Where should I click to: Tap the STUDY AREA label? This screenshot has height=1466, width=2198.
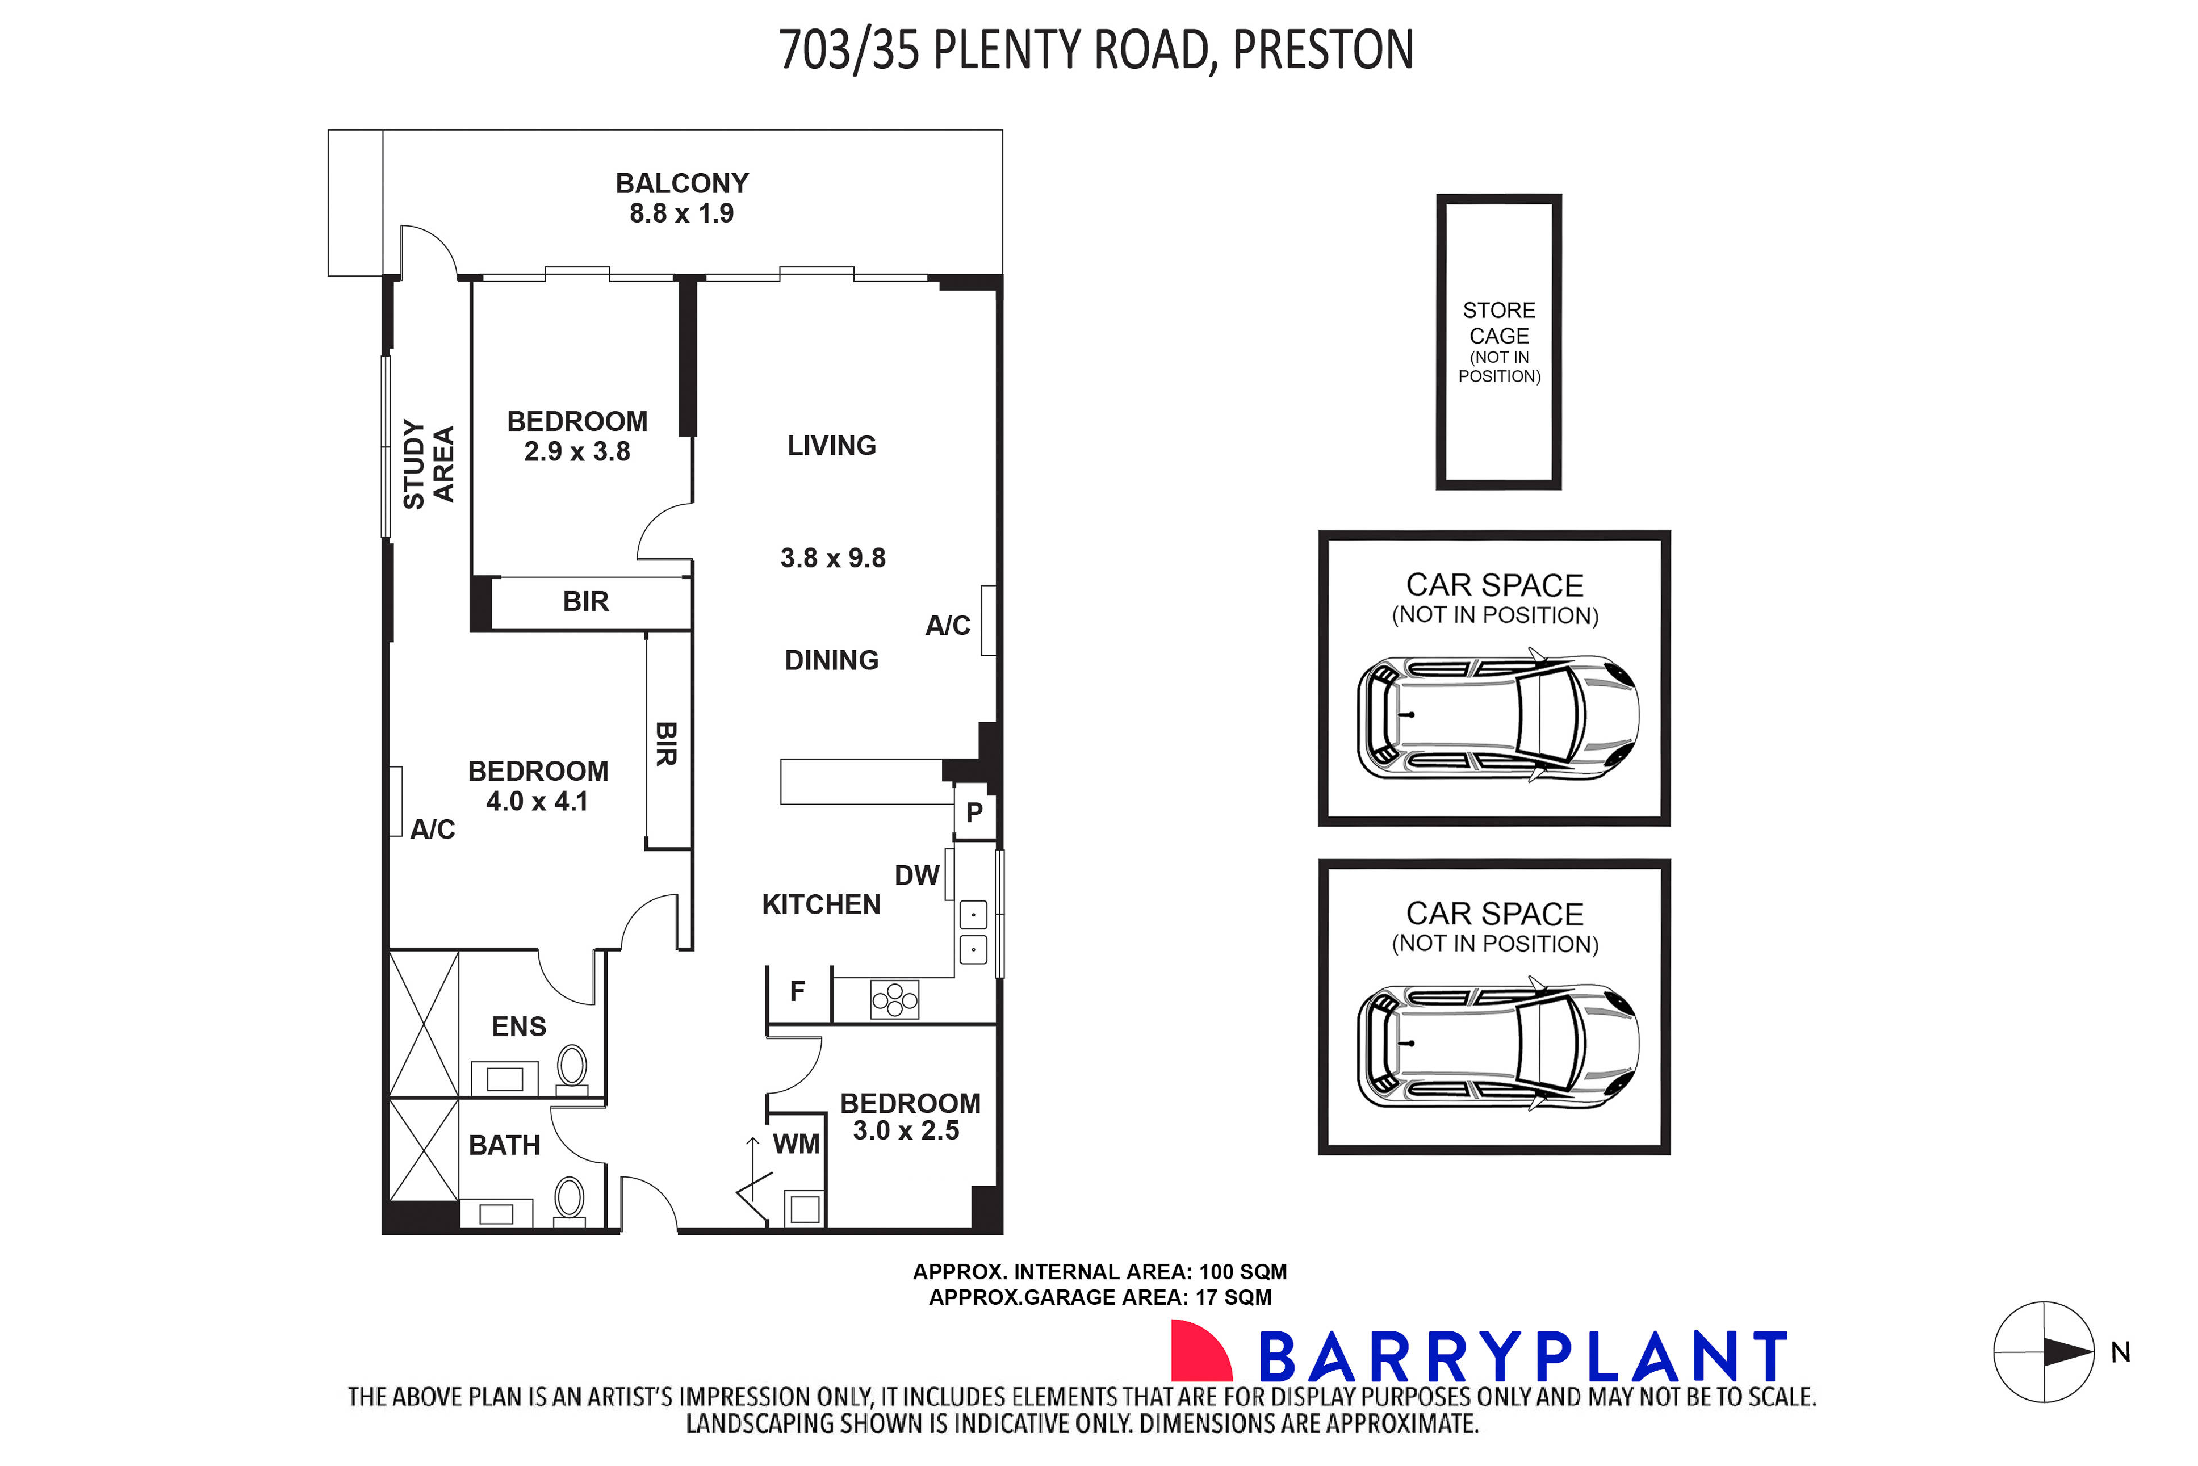(x=428, y=464)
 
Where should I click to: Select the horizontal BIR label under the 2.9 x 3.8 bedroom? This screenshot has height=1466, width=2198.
(x=585, y=601)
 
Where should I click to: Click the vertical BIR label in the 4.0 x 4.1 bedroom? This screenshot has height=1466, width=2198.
(x=665, y=743)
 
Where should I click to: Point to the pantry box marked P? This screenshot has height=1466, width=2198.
(x=974, y=812)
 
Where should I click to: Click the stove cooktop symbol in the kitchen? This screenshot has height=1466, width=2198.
(x=895, y=999)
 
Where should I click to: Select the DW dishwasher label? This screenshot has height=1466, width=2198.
(x=916, y=875)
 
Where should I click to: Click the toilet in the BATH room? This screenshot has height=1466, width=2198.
(x=570, y=1197)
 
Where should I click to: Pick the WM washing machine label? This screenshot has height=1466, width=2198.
(x=796, y=1144)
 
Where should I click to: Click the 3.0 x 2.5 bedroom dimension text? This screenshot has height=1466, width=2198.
(x=905, y=1130)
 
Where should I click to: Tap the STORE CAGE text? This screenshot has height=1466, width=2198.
(x=1498, y=322)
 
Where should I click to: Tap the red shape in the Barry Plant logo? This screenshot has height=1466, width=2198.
(x=1200, y=1350)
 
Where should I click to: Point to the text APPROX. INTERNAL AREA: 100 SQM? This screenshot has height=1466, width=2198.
(x=1099, y=1271)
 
